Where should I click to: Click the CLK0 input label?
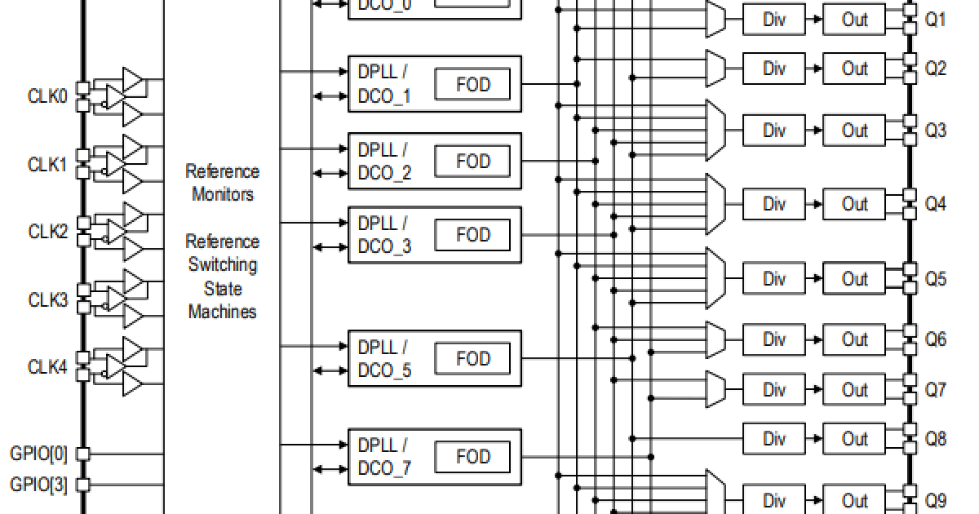click(48, 96)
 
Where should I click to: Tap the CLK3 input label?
click(48, 299)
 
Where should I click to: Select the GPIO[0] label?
click(39, 453)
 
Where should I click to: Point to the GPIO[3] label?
click(39, 485)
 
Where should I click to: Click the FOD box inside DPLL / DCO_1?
click(472, 84)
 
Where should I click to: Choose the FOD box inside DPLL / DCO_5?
click(472, 358)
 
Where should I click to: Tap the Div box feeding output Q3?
click(773, 131)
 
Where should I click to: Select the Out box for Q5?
click(854, 279)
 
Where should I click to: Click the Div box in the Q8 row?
click(773, 439)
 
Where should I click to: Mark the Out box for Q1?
click(854, 20)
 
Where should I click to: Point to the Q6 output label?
click(935, 339)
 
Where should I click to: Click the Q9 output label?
click(935, 500)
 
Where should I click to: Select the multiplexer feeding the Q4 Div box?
click(715, 203)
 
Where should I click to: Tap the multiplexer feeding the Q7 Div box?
click(715, 389)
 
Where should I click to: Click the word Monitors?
click(223, 194)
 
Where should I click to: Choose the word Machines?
click(223, 312)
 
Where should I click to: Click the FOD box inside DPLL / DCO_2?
click(472, 161)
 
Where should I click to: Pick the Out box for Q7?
click(854, 389)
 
